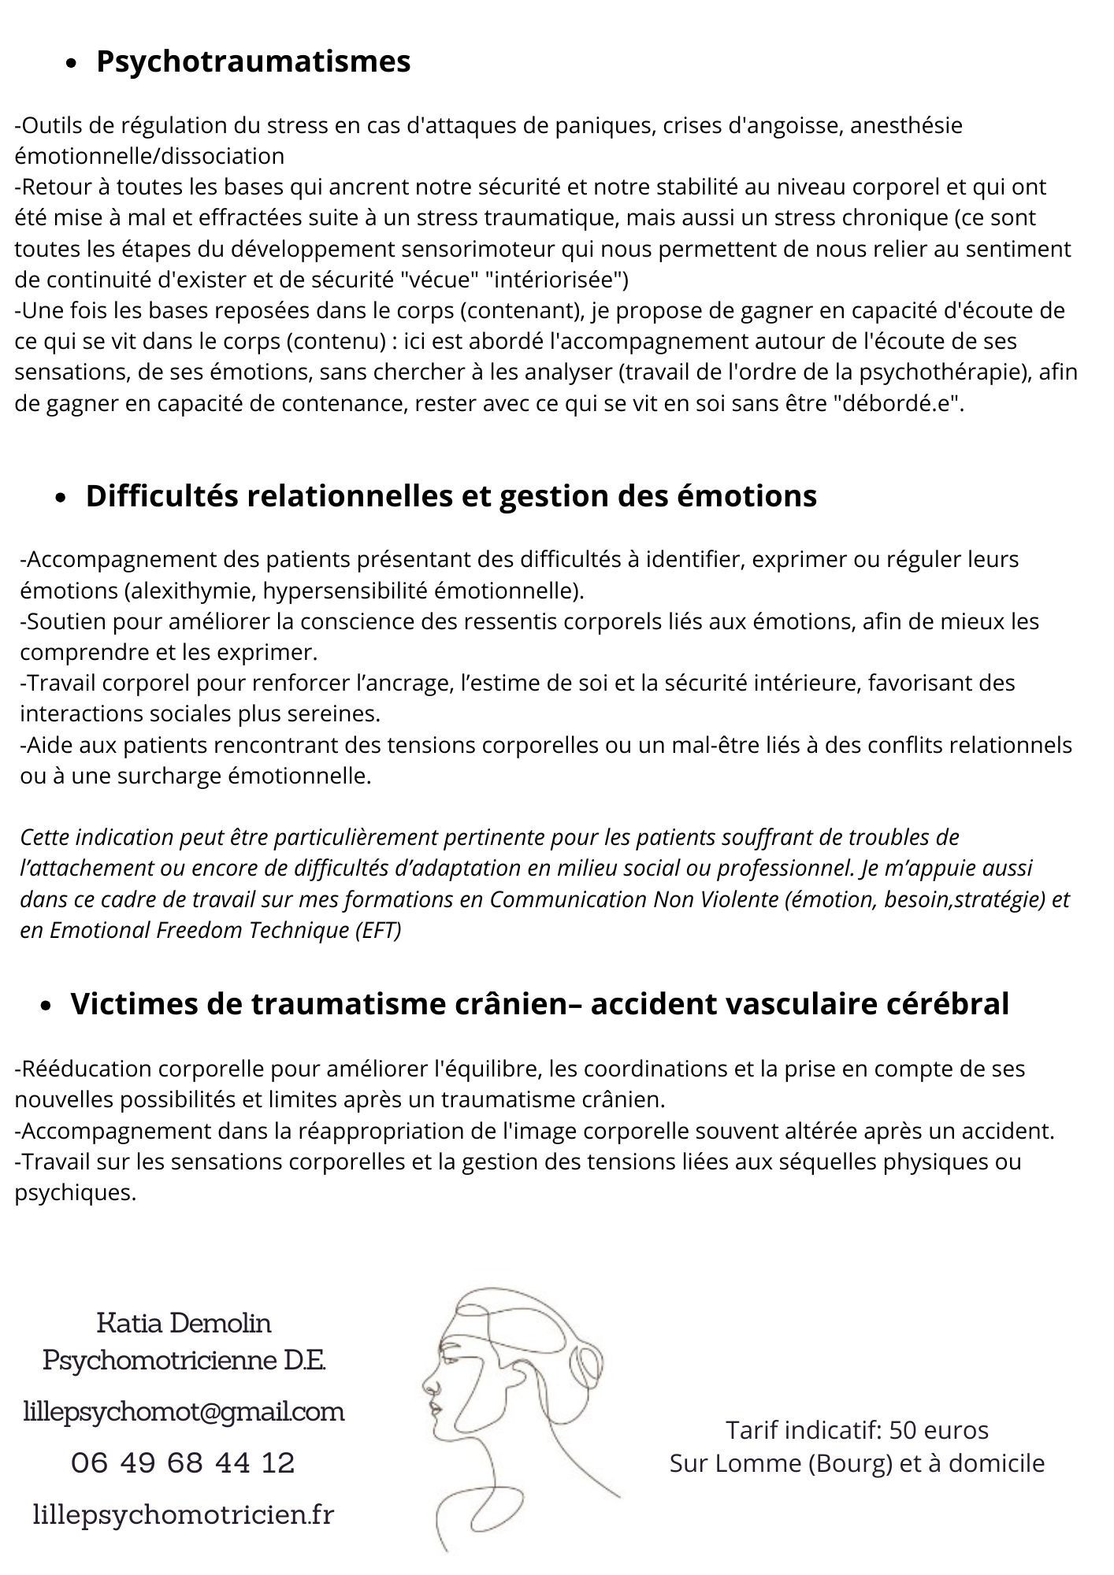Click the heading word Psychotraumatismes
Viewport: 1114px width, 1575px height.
click(253, 61)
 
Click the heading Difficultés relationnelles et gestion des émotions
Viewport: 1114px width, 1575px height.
click(451, 496)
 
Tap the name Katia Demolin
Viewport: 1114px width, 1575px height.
click(184, 1322)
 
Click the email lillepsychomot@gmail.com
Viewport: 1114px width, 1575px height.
click(184, 1411)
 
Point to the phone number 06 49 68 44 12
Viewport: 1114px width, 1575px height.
click(183, 1462)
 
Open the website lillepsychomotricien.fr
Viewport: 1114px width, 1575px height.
click(184, 1514)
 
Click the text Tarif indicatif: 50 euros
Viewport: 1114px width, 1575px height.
click(856, 1429)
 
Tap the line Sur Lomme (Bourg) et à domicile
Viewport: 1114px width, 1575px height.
click(856, 1463)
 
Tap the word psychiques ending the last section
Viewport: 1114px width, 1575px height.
click(76, 1192)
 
